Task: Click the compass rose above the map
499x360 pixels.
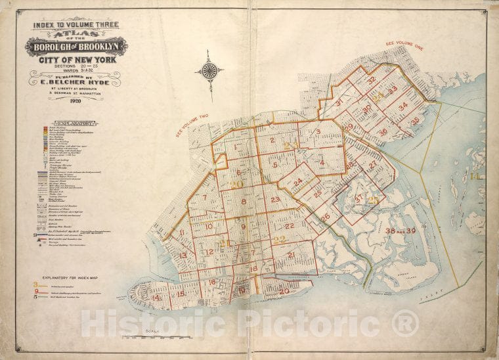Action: [x=210, y=70]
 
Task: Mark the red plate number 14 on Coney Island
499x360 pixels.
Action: [x=156, y=298]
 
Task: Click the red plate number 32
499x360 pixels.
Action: [x=372, y=80]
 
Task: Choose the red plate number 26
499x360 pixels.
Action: [x=325, y=216]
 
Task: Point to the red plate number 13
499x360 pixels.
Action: [x=183, y=255]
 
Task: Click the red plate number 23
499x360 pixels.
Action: [x=274, y=199]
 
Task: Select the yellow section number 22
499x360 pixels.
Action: [x=280, y=240]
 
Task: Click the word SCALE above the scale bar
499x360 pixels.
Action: [x=153, y=331]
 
